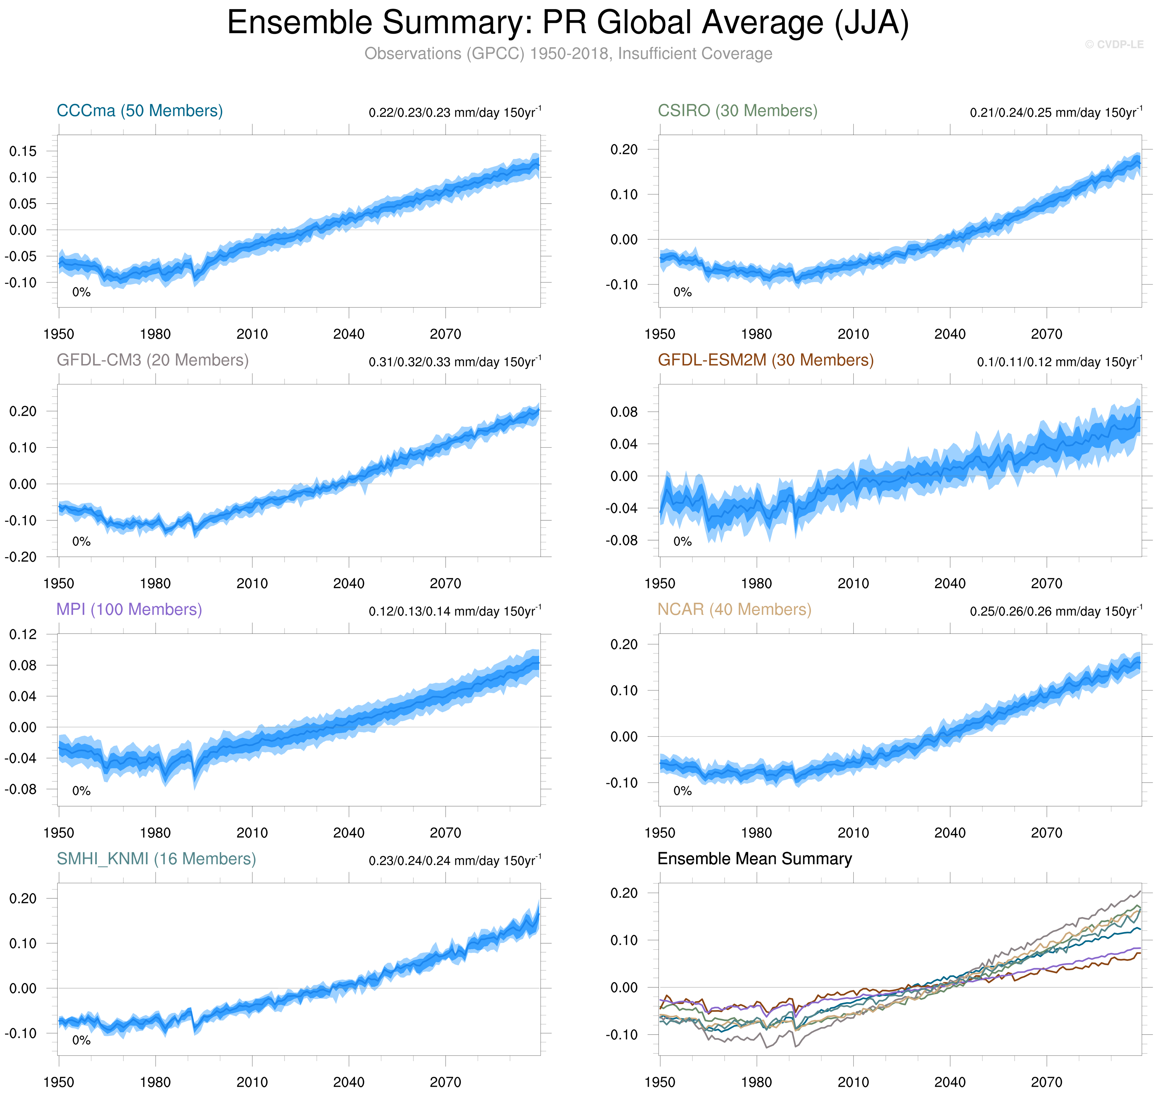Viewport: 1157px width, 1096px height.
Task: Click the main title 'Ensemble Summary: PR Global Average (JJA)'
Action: (567, 23)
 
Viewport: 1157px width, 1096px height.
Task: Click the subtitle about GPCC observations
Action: (568, 54)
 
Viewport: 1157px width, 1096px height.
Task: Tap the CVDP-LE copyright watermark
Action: (1114, 44)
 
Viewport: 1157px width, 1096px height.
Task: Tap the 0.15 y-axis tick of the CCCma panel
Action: (23, 151)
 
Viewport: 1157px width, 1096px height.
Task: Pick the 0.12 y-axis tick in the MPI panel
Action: (23, 634)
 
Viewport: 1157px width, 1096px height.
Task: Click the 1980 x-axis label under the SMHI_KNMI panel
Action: (156, 1083)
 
